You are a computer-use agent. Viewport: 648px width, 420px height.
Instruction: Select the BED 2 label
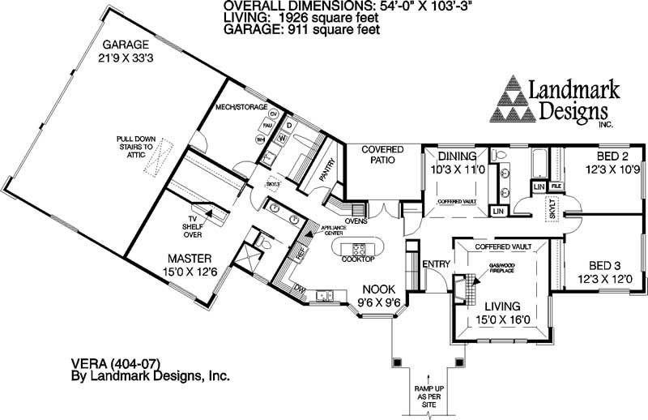[x=604, y=156]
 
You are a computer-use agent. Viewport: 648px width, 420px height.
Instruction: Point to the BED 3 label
[x=605, y=265]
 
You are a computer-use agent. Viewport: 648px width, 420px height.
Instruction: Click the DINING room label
[x=458, y=156]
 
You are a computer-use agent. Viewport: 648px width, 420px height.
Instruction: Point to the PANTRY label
[x=328, y=165]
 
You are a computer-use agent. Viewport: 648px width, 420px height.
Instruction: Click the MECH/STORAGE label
[x=243, y=107]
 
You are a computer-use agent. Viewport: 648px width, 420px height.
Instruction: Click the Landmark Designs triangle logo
[x=516, y=98]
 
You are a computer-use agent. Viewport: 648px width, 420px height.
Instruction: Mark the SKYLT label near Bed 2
[x=552, y=210]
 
